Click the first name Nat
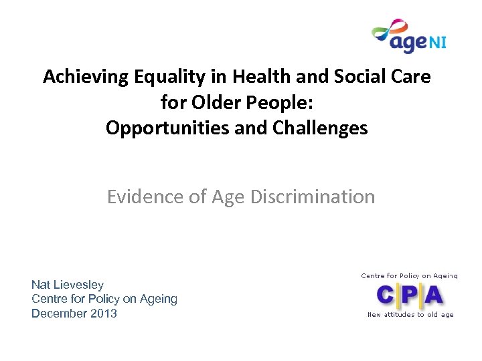coord(42,285)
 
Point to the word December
coord(58,314)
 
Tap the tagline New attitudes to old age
coord(410,314)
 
